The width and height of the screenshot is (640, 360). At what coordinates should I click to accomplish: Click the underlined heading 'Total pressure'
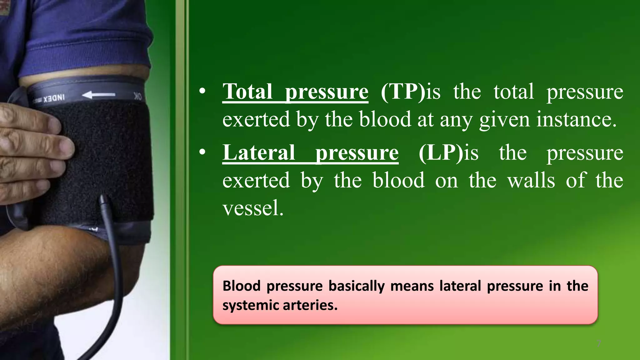pos(295,92)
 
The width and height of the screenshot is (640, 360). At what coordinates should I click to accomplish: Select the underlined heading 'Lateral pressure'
pos(310,153)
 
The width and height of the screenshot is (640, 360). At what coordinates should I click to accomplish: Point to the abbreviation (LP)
pos(441,153)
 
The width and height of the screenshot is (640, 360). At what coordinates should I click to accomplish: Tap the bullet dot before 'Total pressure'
pos(202,91)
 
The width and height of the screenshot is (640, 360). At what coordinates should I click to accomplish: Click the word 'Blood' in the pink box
pos(241,286)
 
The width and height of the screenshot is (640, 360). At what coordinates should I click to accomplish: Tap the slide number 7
pos(599,343)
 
